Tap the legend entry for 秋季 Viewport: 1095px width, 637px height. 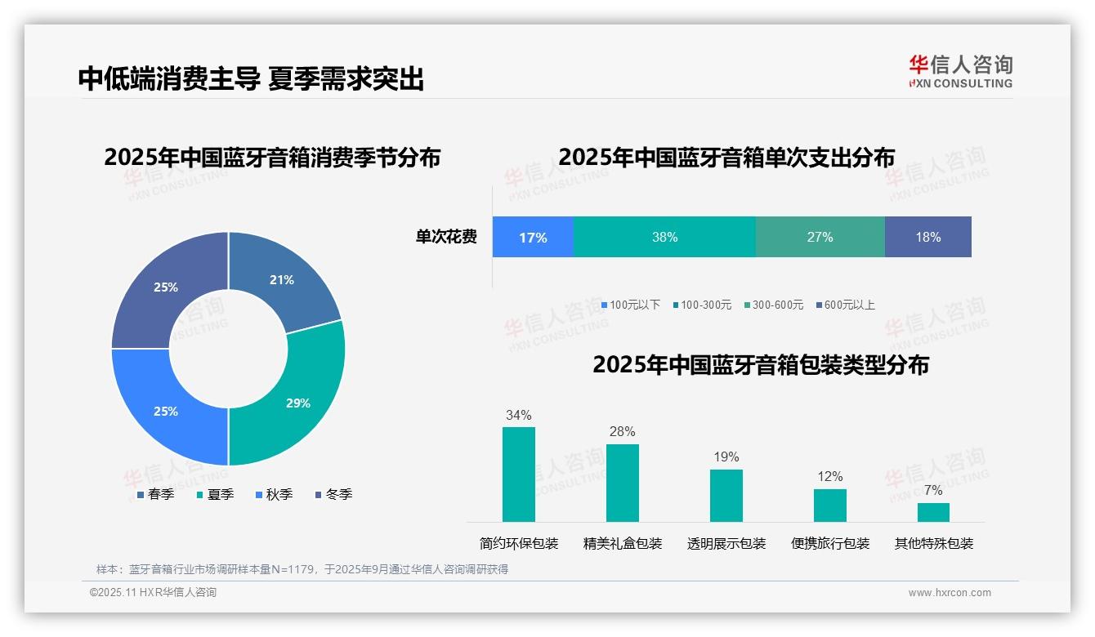click(274, 495)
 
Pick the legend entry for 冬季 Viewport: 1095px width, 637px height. click(333, 495)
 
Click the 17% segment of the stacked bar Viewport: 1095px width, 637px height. click(533, 238)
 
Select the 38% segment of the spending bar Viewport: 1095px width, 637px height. click(664, 238)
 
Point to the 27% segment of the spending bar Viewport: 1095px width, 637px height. click(820, 238)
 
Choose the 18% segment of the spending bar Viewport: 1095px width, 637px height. click(927, 238)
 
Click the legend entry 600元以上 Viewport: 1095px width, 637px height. click(845, 305)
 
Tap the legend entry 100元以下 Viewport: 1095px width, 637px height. click(630, 305)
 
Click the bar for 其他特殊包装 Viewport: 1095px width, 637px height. click(933, 512)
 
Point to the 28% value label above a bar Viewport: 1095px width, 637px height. click(622, 432)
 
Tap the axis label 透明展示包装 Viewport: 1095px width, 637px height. click(726, 544)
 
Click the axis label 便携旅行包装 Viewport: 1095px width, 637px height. click(830, 544)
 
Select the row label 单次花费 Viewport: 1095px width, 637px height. click(446, 238)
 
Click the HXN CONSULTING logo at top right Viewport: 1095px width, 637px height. click(961, 72)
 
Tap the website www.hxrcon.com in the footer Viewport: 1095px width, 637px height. click(950, 593)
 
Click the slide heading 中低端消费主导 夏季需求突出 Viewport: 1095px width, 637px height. click(251, 79)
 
